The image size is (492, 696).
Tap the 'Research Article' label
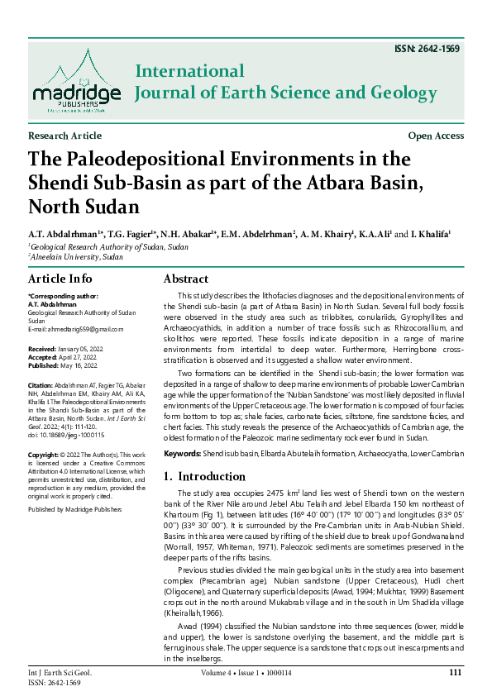[64, 136]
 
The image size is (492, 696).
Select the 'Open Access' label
[436, 136]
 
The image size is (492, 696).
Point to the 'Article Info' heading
[60, 279]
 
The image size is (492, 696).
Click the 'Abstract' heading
[186, 279]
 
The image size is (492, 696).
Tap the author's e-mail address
[75, 329]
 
